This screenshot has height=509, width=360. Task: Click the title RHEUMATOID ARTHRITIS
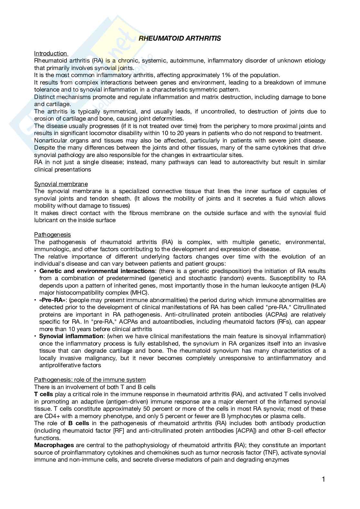click(180, 38)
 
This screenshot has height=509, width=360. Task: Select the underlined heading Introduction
click(50, 54)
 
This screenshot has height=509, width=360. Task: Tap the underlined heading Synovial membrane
click(61, 184)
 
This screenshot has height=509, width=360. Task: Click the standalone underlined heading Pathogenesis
click(53, 235)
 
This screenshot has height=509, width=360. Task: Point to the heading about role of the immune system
click(90, 380)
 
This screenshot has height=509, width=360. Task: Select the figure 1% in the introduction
click(227, 75)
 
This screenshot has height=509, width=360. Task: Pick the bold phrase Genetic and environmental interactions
click(97, 271)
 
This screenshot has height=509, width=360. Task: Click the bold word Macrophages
click(54, 445)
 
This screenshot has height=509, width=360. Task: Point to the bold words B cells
click(79, 423)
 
